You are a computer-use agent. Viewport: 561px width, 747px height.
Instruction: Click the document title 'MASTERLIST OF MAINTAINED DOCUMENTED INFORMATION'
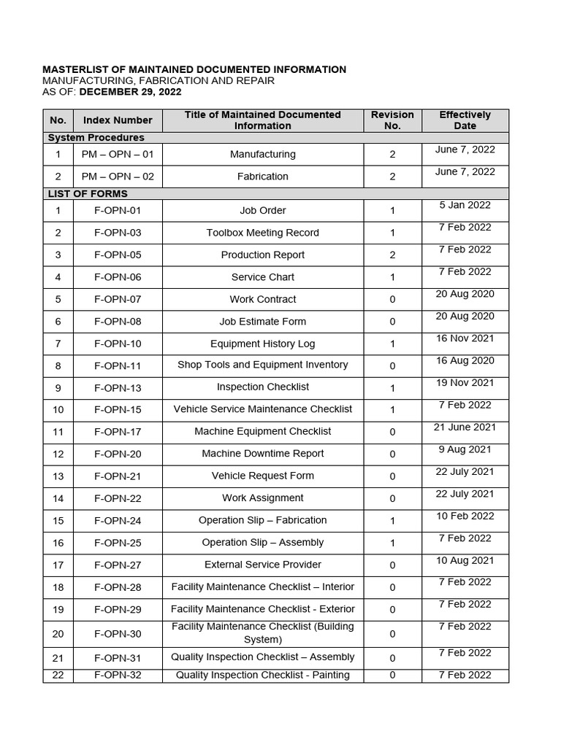(194, 69)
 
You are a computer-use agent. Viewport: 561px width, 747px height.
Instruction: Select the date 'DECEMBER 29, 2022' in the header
(130, 92)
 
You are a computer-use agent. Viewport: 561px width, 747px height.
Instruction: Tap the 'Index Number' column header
(118, 120)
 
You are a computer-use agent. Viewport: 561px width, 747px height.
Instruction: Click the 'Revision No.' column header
(392, 120)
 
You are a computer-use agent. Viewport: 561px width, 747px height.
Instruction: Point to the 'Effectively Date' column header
(465, 120)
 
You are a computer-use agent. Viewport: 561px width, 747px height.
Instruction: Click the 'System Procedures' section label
(96, 137)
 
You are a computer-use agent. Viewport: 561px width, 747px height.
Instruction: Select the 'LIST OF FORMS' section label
(88, 193)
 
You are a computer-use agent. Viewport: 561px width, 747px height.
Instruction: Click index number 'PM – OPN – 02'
(118, 177)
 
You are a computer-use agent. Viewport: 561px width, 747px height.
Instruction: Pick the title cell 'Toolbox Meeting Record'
(262, 233)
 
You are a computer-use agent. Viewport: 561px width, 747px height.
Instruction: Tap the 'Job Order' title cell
(262, 210)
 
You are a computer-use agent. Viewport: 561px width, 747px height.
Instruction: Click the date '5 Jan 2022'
(465, 205)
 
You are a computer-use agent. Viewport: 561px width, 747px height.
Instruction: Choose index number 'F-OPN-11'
(118, 365)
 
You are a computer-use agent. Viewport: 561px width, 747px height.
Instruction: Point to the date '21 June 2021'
(465, 427)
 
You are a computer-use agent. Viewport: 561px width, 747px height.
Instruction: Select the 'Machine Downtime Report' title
(262, 454)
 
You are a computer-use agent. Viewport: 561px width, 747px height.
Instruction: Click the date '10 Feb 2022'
(465, 516)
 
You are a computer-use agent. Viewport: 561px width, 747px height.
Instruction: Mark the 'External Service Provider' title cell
(262, 565)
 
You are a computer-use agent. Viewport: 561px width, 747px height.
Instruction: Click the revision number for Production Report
(392, 255)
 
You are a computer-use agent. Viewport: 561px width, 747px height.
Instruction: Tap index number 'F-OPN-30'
(118, 634)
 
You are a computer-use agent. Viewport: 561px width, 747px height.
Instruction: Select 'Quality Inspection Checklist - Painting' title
(262, 675)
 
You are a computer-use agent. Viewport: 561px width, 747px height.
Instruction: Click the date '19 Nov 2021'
(465, 382)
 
